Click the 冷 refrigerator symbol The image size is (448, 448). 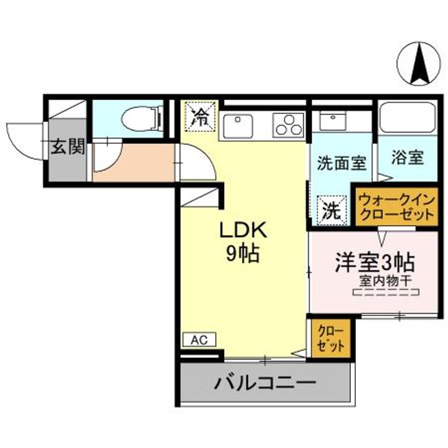(200, 116)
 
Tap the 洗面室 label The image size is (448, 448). (341, 163)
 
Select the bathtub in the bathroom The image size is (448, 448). (408, 117)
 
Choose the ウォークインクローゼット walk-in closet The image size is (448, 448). (395, 206)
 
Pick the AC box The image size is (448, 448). (199, 340)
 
